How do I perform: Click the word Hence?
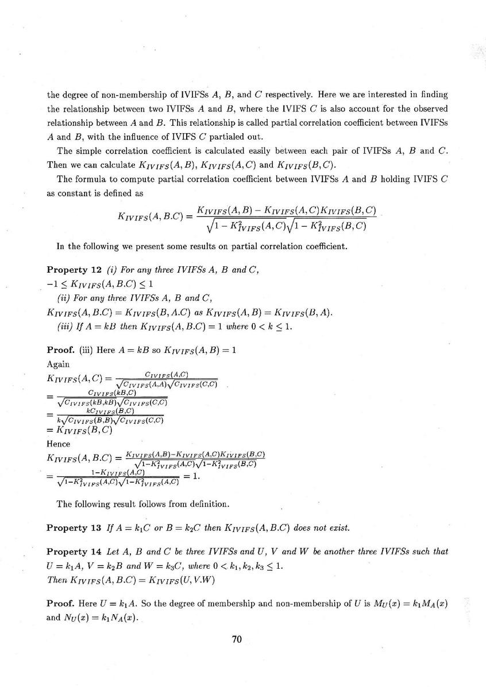tap(58, 444)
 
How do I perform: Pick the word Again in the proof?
tap(58, 364)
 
